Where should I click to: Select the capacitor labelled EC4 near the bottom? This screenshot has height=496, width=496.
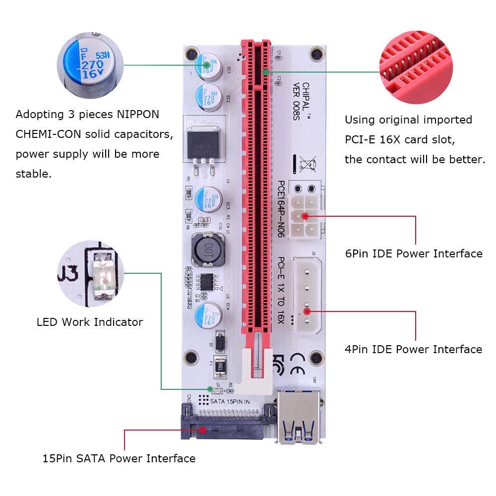click(x=205, y=314)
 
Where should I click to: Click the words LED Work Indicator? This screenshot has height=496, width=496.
click(x=90, y=322)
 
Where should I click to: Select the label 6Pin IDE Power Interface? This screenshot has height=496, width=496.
click(x=413, y=254)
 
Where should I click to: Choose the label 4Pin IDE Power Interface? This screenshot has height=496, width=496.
click(x=413, y=350)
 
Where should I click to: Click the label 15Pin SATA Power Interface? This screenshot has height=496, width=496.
click(x=119, y=459)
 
